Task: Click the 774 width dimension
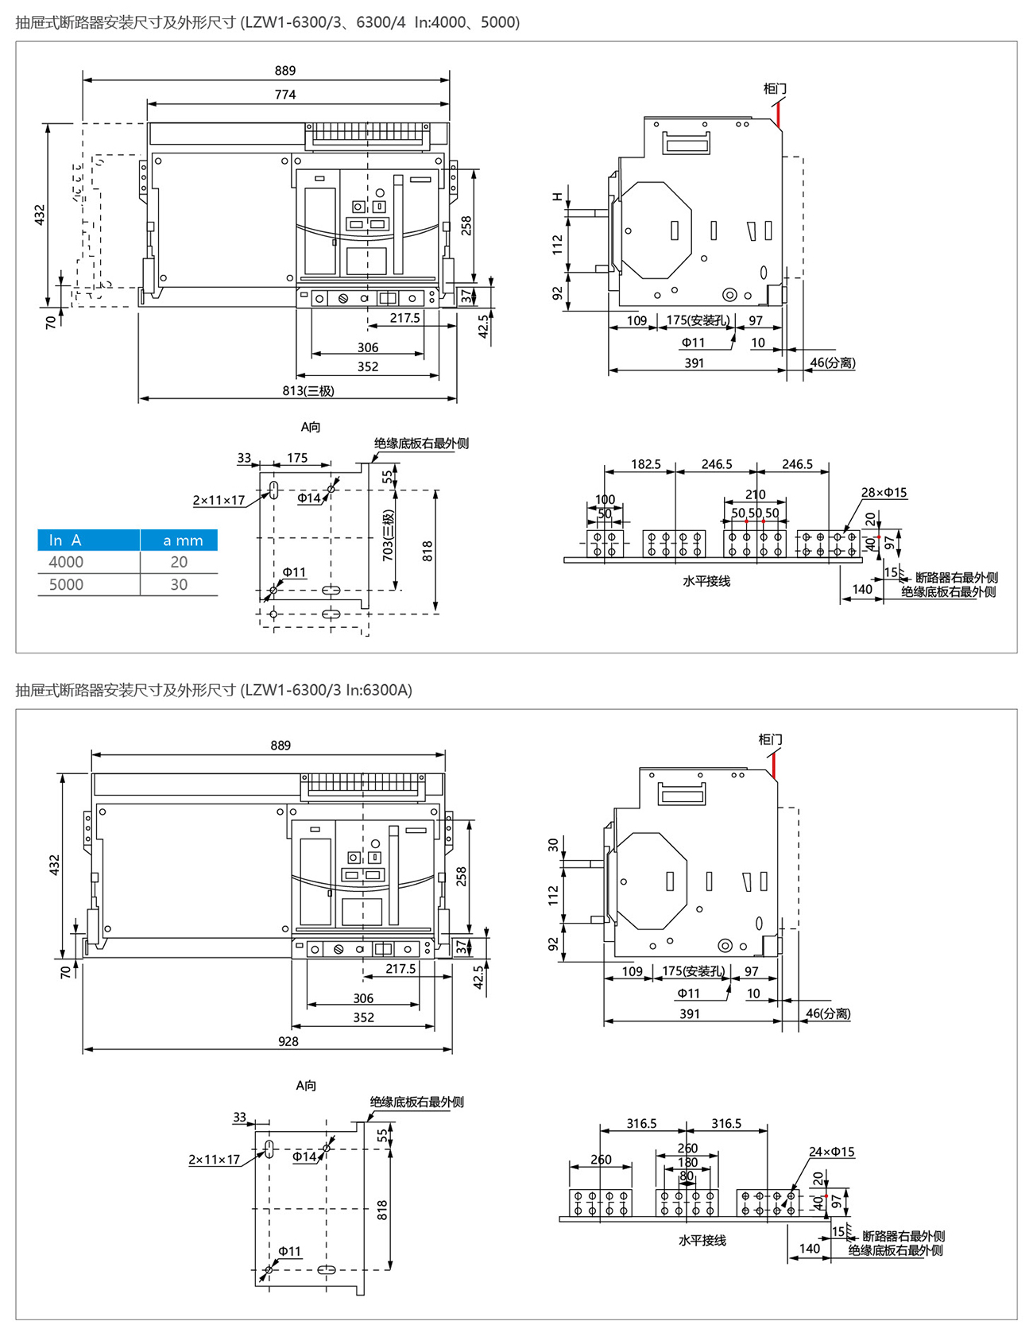(285, 95)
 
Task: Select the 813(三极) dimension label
(308, 390)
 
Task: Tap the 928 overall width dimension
(288, 1041)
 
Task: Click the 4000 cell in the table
(66, 562)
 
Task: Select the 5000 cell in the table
(66, 584)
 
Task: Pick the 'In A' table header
(65, 540)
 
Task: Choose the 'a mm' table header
(183, 540)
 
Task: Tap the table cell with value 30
(180, 584)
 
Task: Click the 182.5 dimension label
(646, 464)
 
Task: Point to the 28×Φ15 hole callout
(884, 493)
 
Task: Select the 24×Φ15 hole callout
(831, 1152)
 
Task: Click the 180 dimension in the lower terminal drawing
(687, 1162)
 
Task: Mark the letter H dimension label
(558, 196)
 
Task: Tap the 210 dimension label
(755, 494)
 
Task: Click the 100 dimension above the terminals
(605, 499)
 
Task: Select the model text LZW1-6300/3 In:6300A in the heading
(328, 690)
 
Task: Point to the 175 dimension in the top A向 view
(297, 458)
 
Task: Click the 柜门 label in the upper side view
(775, 88)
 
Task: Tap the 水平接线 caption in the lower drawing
(702, 1240)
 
